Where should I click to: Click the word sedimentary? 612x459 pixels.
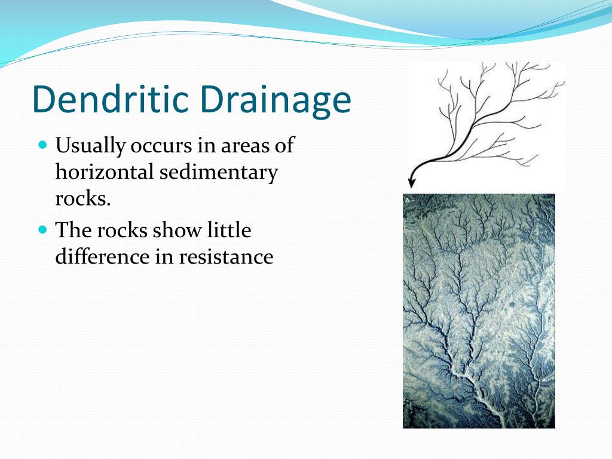(218, 173)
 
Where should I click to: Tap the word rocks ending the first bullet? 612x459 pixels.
(82, 198)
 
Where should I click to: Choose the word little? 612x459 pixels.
(229, 230)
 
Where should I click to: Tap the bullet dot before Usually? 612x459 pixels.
(42, 145)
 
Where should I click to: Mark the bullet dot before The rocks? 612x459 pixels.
(42, 229)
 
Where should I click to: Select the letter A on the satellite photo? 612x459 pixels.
(407, 200)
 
